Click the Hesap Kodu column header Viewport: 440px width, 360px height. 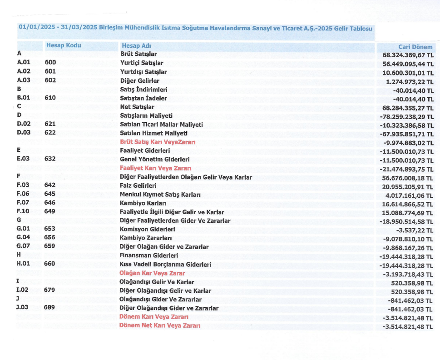64,45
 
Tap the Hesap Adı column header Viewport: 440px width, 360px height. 136,46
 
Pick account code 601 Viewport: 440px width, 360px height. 50,72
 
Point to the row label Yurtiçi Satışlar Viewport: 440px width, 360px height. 141,63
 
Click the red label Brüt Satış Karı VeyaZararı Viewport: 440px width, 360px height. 158,142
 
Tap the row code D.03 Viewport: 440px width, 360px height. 23,133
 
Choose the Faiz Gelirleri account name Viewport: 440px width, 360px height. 138,186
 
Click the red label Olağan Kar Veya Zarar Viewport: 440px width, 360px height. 152,274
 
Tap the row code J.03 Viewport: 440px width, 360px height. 22,308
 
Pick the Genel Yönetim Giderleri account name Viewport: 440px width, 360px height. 154,160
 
